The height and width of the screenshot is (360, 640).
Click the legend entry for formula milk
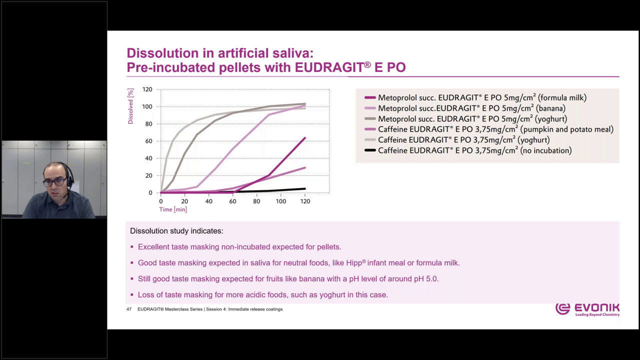click(475, 97)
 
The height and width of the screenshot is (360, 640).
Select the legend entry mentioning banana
click(465, 108)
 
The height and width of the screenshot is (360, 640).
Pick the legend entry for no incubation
click(468, 150)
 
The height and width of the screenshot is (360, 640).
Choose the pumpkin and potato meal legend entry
click(489, 129)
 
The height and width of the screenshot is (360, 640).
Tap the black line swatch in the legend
click(370, 150)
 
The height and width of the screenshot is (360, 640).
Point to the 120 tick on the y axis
click(147, 89)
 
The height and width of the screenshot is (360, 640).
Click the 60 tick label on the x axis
click(232, 201)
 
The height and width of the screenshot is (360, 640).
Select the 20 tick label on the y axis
click(149, 175)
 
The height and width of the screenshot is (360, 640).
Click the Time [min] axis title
click(173, 209)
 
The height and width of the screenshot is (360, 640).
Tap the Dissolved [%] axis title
click(130, 106)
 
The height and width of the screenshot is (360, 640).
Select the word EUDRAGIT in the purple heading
click(329, 67)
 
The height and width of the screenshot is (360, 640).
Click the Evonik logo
click(587, 309)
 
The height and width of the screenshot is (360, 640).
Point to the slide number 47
click(129, 309)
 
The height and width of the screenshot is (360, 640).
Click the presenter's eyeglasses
click(55, 181)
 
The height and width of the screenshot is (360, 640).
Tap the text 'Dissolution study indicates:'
click(176, 231)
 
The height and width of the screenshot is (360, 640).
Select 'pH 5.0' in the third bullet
click(426, 279)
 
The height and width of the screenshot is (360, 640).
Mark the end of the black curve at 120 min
click(305, 188)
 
